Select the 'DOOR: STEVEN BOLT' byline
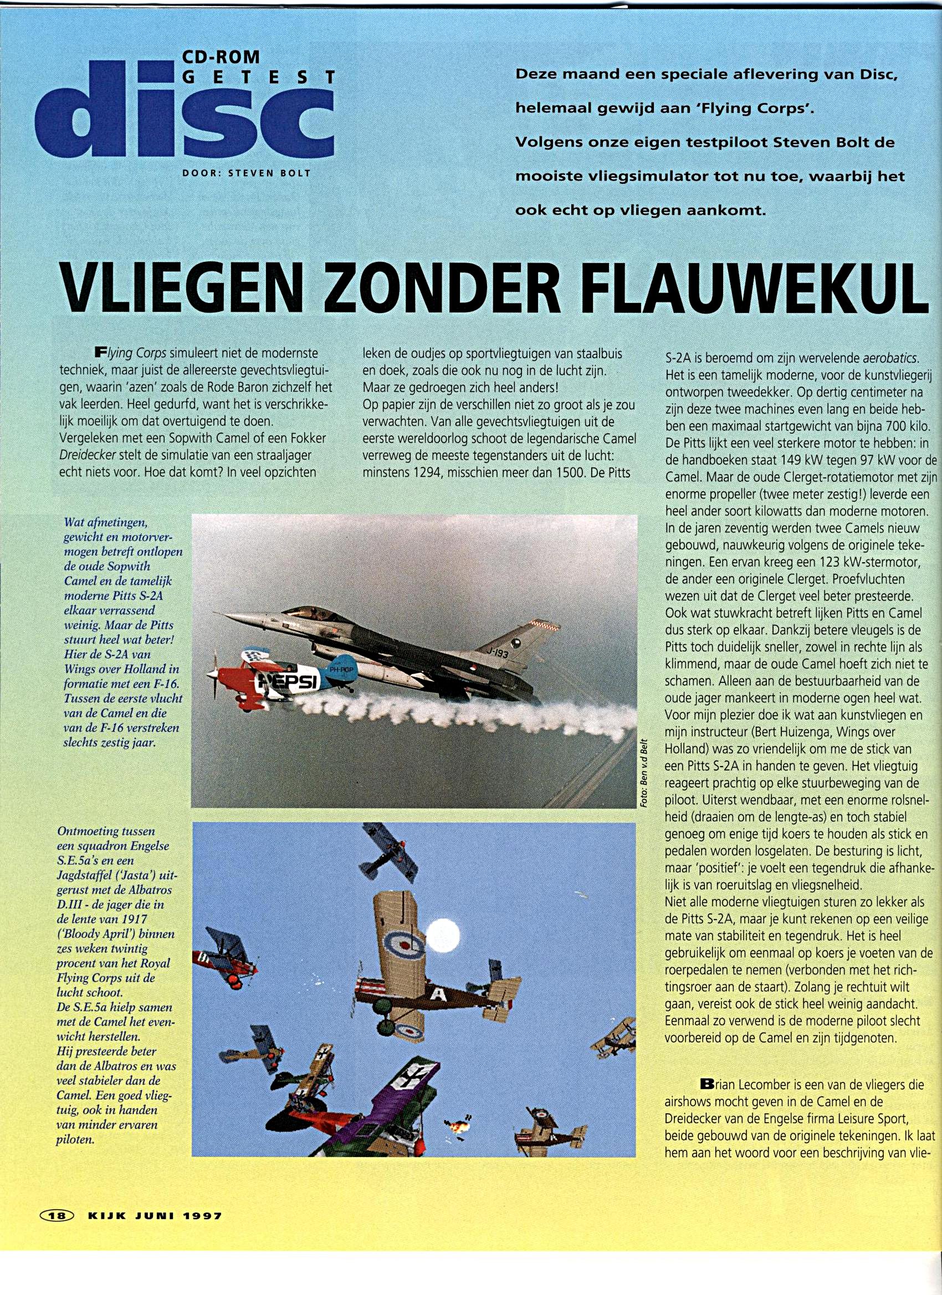(246, 172)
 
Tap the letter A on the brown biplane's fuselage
(438, 995)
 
